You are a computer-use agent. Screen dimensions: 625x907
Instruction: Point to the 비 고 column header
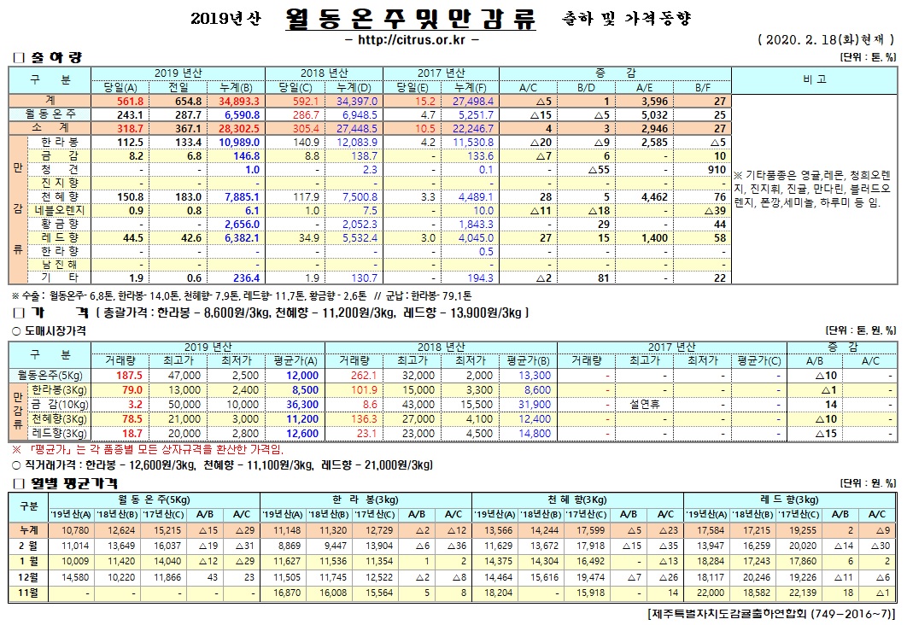tap(815, 79)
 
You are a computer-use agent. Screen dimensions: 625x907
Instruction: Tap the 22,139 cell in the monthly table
tap(798, 592)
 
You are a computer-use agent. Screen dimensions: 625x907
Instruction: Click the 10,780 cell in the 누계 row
tap(71, 530)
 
